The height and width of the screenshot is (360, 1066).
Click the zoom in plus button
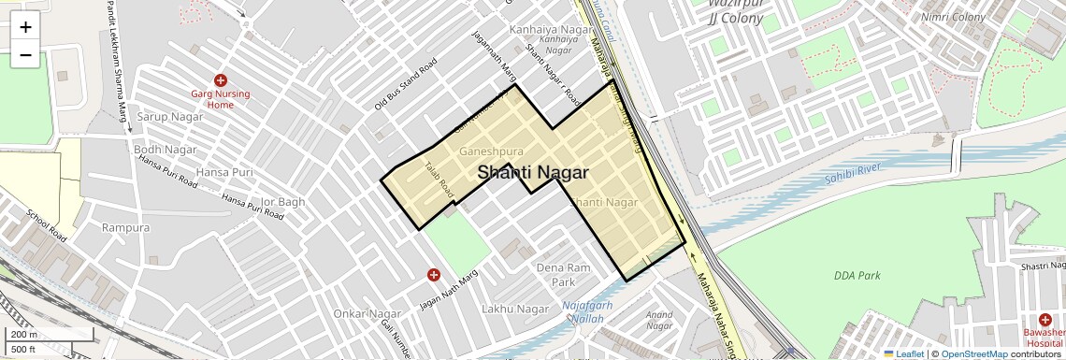[x=25, y=27]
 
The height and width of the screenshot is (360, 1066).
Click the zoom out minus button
[x=25, y=55]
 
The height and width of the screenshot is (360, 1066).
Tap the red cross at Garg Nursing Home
[x=221, y=81]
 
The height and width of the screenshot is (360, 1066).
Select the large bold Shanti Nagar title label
[x=533, y=173]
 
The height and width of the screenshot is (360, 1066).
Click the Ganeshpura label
[x=491, y=151]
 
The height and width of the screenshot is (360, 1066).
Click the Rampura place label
[x=125, y=228]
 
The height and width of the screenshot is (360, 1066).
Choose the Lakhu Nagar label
[x=514, y=309]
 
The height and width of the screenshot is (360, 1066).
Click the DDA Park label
[x=857, y=276]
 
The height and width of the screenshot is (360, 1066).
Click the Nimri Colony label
[x=954, y=17]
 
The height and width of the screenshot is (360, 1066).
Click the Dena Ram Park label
[x=563, y=275]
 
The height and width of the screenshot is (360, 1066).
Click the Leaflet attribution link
[x=903, y=354]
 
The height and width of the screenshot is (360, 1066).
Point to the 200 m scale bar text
[x=23, y=335]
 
